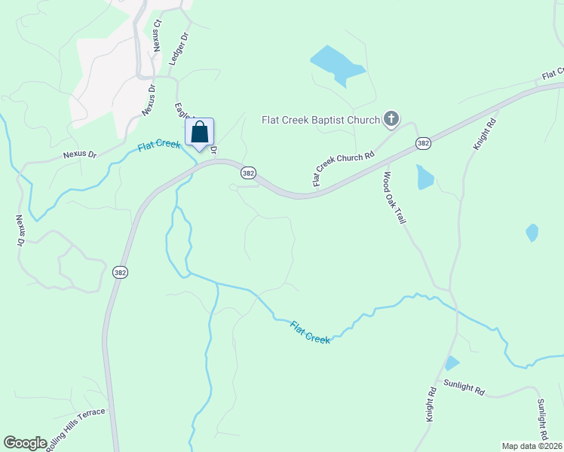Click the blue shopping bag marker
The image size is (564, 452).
coord(200,133)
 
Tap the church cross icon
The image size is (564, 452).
coord(391,118)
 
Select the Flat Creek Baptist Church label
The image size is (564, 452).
coord(321,119)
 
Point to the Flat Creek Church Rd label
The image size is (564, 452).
coord(343,169)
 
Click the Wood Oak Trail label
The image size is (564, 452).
coord(395,197)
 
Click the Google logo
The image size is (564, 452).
coord(26,443)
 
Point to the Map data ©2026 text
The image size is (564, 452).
coord(532,445)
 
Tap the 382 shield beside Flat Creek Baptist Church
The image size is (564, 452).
coord(423,142)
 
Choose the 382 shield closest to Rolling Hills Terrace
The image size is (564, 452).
coord(119,272)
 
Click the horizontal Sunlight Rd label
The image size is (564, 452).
coord(463,386)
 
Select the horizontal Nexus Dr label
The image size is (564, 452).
coord(80,155)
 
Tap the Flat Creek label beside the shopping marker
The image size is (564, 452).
coord(158,145)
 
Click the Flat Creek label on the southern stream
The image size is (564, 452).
coord(310,332)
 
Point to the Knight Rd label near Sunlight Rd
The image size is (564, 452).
coord(431,405)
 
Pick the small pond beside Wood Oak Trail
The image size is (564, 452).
coord(425,177)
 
